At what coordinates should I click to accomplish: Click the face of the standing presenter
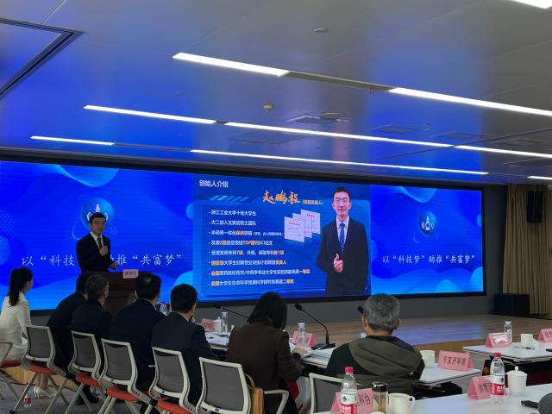pyautogui.click(x=97, y=224)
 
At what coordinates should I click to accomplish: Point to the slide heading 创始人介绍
pyautogui.click(x=213, y=184)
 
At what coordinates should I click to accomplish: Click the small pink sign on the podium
pyautogui.click(x=130, y=273)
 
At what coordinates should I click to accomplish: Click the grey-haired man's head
pyautogui.click(x=381, y=312)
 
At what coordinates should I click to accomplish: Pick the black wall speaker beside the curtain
pyautogui.click(x=535, y=207)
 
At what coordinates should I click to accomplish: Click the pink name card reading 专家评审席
pyautogui.click(x=455, y=360)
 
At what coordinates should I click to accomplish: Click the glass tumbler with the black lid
pyautogui.click(x=379, y=398)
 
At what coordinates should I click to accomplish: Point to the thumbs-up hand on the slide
pyautogui.click(x=338, y=261)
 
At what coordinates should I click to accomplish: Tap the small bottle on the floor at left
pyautogui.click(x=27, y=398)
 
